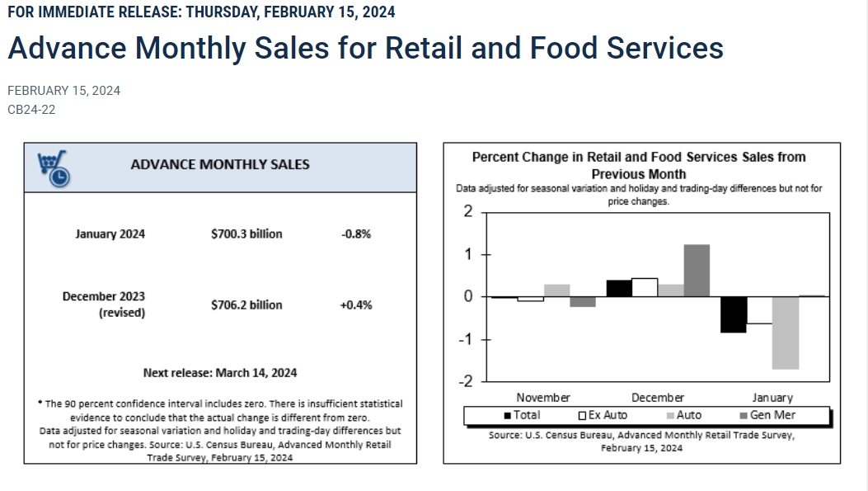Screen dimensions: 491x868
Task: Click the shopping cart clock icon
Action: point(54,168)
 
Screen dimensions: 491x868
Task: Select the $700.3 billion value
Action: point(246,234)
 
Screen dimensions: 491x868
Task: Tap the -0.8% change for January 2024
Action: point(356,234)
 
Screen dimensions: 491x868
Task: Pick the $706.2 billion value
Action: point(246,305)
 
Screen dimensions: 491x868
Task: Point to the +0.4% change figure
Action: point(356,305)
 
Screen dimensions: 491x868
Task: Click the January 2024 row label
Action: point(110,234)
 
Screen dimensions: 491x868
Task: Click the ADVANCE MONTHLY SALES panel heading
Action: point(220,164)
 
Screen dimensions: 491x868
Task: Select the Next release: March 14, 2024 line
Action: point(220,372)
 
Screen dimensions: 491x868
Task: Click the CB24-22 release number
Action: point(31,109)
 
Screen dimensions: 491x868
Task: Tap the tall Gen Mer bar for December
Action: point(697,270)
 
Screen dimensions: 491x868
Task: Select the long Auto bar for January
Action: point(786,333)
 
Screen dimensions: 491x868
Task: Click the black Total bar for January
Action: point(734,314)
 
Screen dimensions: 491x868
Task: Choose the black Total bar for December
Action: point(619,288)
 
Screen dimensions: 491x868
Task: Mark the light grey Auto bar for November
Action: point(556,290)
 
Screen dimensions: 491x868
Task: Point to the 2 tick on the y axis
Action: point(468,212)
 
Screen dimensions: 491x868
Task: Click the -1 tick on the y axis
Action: point(467,339)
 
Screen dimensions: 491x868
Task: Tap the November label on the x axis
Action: point(543,397)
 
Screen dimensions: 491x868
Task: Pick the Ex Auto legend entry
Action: point(603,415)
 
